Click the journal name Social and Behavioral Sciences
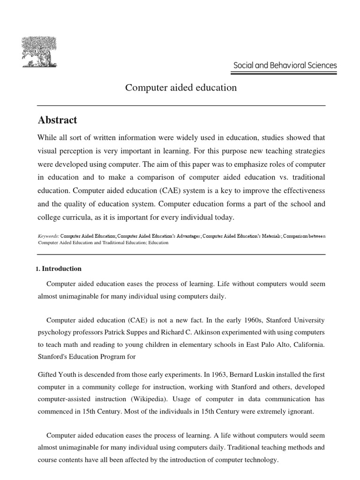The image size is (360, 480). pos(285,66)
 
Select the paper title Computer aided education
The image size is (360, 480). pos(180,88)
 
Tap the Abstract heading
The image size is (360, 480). pos(57,120)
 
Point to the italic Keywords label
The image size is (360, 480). pos(48,237)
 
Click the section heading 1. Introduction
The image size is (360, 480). pos(59,269)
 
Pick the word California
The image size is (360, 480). pos(306,345)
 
